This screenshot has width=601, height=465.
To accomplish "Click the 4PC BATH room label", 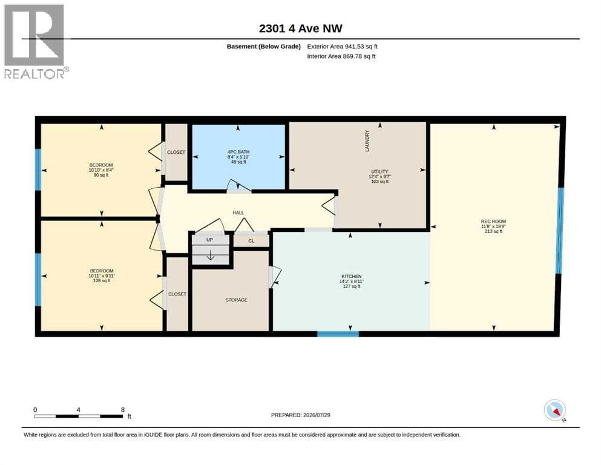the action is point(238,152).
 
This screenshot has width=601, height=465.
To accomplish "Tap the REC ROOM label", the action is point(493,221).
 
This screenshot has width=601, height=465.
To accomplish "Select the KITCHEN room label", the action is point(352,276).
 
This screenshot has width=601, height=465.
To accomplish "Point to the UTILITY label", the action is point(379,171).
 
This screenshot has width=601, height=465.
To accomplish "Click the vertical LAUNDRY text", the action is point(367,141).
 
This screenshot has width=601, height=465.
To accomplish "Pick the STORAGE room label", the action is point(236,300).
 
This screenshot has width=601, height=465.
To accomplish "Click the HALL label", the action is point(238,213).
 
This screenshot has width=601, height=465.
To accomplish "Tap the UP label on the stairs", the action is point(209,240).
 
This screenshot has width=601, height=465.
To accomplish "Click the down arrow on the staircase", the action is point(211,255).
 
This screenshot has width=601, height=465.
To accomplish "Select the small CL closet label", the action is point(251,241).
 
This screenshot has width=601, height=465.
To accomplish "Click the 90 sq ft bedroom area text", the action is point(101,175).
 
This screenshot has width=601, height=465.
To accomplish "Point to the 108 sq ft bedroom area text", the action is point(102,280).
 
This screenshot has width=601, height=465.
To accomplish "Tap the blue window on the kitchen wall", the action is point(338,334).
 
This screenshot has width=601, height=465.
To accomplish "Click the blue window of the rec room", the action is point(560,231).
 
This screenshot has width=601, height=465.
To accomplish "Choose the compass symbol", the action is point(554,410).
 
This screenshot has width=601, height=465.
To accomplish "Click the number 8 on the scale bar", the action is point(123,409).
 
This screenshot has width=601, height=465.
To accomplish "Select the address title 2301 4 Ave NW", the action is point(300,28).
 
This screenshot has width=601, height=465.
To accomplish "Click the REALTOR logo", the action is point(36,41).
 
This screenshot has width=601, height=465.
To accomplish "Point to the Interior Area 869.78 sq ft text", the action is point(341,56).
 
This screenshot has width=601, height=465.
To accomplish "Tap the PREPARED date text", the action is point(300,415).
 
